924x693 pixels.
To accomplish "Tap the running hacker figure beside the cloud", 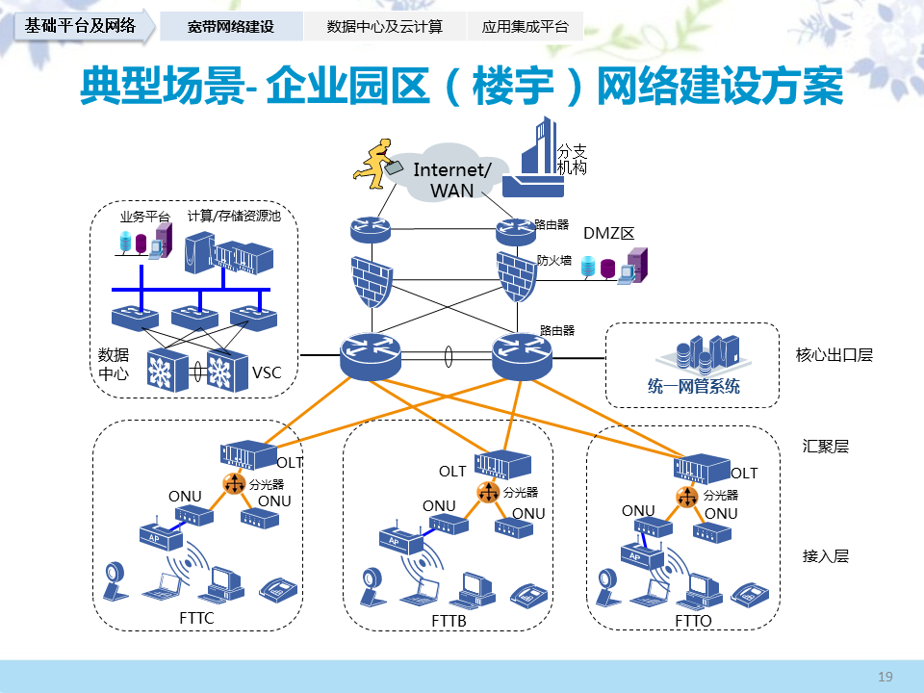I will (378, 161).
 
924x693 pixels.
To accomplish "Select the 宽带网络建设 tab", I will (231, 27).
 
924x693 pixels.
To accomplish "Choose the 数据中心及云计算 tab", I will (385, 27).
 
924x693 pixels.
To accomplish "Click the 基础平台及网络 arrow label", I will (81, 26).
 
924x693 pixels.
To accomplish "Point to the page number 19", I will (885, 677).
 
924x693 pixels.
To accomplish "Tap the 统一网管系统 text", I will (693, 387).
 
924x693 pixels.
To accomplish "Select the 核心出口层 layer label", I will (834, 354).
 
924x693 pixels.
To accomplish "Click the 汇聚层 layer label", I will (826, 447).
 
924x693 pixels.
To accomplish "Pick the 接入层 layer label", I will (826, 555).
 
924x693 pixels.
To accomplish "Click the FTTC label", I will (196, 618).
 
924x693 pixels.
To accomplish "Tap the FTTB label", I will (449, 622).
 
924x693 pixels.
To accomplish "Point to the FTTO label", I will (693, 621).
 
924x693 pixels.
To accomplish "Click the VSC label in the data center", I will (267, 372).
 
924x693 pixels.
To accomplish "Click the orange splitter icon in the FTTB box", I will (489, 493).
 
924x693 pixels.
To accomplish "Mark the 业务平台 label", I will (144, 217).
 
